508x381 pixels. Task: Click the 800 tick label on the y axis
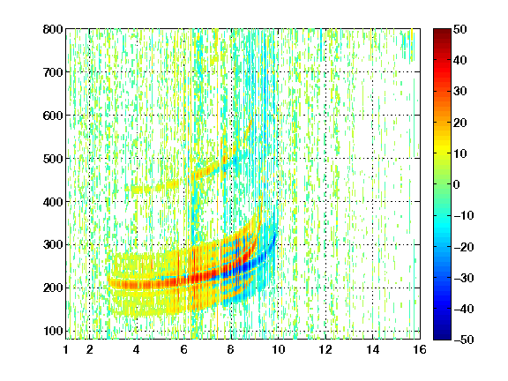click(x=53, y=29)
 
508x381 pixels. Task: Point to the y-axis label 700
click(x=53, y=72)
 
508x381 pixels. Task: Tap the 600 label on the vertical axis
click(x=53, y=116)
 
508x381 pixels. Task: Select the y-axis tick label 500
click(x=53, y=159)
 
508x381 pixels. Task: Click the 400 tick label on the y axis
click(x=53, y=202)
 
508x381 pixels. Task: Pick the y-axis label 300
click(x=53, y=245)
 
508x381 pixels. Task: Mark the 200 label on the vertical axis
click(x=53, y=288)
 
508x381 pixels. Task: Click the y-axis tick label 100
click(x=53, y=331)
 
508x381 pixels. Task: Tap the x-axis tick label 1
click(x=66, y=349)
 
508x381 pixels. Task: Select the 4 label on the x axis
click(x=137, y=349)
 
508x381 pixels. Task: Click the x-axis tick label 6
click(x=183, y=349)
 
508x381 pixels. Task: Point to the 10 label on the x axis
click(x=278, y=349)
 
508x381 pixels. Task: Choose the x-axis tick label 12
click(x=325, y=349)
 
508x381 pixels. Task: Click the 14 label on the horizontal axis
click(x=372, y=349)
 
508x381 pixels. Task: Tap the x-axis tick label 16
click(x=420, y=349)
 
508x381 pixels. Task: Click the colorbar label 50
click(x=460, y=29)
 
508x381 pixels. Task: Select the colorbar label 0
click(x=457, y=184)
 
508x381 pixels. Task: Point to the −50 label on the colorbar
click(x=464, y=340)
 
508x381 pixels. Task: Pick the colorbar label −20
click(x=464, y=247)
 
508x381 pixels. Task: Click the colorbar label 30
click(x=460, y=92)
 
